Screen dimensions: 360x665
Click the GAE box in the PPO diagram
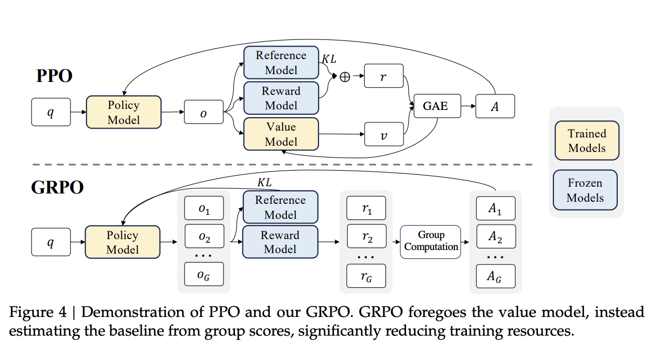point(435,107)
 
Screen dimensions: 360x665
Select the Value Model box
point(281,134)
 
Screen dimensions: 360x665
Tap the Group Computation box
point(431,241)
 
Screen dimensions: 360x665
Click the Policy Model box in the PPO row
point(123,112)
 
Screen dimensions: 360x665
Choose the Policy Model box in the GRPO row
point(122,242)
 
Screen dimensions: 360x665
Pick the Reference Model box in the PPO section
point(281,63)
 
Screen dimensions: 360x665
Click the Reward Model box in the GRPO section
point(280,242)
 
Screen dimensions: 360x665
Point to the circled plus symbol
point(345,77)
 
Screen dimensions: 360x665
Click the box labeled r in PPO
point(383,77)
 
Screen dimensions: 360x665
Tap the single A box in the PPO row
point(495,106)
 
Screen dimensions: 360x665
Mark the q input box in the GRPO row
point(50,242)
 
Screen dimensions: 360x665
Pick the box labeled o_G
point(204,275)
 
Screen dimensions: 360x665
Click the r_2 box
point(367,237)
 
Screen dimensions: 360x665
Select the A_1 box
point(495,209)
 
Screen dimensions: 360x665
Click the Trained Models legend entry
point(586,141)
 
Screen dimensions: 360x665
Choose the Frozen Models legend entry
point(585,190)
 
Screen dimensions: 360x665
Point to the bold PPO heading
point(54,76)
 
